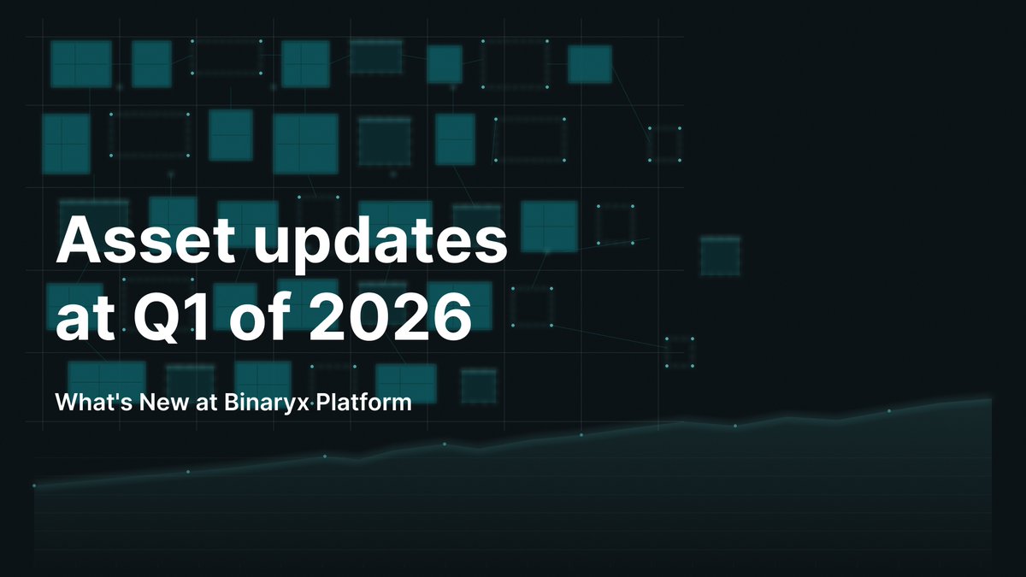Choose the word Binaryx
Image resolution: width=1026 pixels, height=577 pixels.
(x=262, y=402)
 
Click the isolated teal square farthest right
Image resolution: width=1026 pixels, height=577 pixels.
(x=720, y=256)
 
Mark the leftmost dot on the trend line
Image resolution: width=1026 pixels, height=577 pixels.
(x=34, y=486)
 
